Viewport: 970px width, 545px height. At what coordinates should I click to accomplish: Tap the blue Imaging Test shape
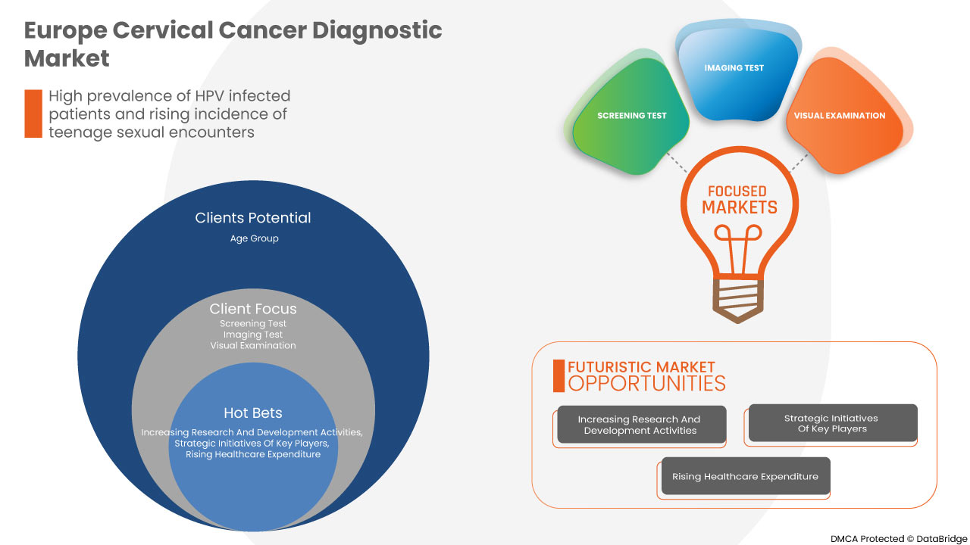pyautogui.click(x=734, y=76)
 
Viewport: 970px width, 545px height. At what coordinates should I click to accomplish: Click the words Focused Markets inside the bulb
pyautogui.click(x=739, y=200)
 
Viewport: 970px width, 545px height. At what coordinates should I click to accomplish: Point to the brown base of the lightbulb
pyautogui.click(x=738, y=303)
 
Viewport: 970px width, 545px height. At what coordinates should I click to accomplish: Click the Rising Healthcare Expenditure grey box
pyautogui.click(x=745, y=477)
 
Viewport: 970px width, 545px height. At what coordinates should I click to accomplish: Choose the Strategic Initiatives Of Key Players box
pyautogui.click(x=831, y=423)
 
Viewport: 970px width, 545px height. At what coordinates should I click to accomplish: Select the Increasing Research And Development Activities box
pyautogui.click(x=640, y=425)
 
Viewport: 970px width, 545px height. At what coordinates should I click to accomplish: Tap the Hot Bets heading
pyautogui.click(x=252, y=413)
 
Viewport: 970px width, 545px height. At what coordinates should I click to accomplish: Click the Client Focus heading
pyautogui.click(x=252, y=309)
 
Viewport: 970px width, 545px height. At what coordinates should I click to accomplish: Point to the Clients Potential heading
pyautogui.click(x=252, y=218)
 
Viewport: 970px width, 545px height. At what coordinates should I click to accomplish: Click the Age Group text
pyautogui.click(x=254, y=238)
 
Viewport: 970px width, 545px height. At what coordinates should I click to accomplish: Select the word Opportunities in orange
pyautogui.click(x=646, y=383)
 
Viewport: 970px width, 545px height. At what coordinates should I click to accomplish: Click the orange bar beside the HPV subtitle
pyautogui.click(x=33, y=114)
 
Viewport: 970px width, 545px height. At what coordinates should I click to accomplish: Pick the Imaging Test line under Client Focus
pyautogui.click(x=252, y=335)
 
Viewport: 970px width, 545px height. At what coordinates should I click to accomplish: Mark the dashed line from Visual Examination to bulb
pyautogui.click(x=798, y=160)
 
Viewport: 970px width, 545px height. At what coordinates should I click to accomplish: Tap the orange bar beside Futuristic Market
pyautogui.click(x=559, y=375)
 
